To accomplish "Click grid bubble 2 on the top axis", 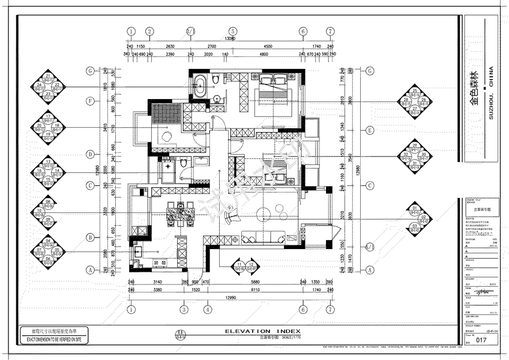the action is [150, 31].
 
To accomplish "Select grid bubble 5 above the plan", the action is [230, 31].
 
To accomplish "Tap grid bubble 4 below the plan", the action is [207, 310].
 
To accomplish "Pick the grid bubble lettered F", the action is [89, 101].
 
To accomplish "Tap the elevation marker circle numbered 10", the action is [39, 211].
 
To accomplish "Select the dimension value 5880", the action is [254, 282].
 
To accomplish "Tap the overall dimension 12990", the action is [230, 298].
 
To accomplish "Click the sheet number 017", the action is [480, 340].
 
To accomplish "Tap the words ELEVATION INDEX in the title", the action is [259, 331].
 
